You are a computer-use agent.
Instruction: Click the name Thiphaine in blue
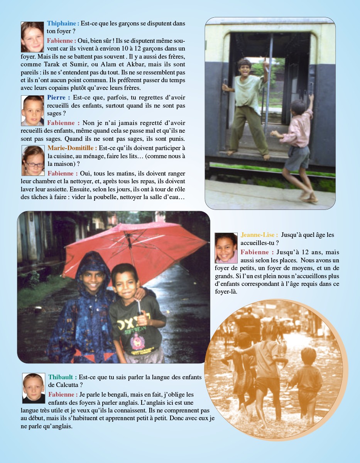point(62,24)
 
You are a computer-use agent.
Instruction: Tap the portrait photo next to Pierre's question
point(32,111)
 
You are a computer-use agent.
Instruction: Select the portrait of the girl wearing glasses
point(33,161)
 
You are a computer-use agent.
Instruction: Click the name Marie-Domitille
point(71,148)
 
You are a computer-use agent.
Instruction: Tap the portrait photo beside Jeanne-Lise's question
point(226,248)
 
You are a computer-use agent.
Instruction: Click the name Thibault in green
point(61,377)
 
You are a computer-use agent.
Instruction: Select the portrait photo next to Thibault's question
point(34,388)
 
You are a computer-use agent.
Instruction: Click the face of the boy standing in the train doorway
point(245,68)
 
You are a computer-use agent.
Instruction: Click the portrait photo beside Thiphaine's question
point(32,37)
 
